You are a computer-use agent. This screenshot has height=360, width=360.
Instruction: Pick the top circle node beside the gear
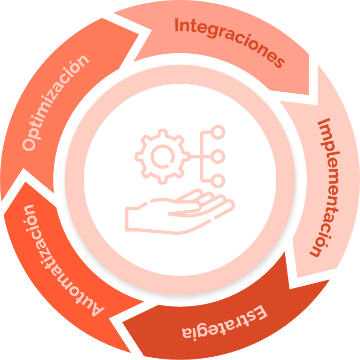[217, 133]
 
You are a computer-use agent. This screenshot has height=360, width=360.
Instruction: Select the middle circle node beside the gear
[217, 155]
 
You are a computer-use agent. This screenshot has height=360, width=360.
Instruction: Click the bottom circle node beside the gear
[217, 179]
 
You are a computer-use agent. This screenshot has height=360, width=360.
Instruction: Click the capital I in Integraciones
[177, 25]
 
